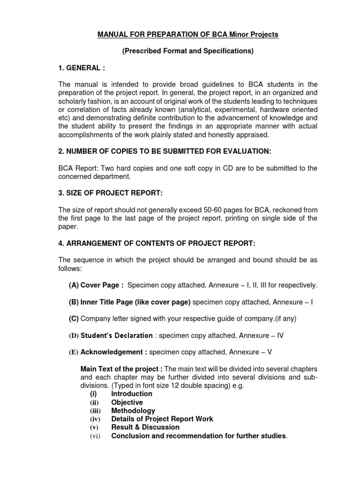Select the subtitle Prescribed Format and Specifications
coord(187,51)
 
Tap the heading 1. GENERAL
coord(79,68)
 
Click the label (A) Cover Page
coord(96,285)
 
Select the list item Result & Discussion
coord(145,427)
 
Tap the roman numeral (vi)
coord(96,436)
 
